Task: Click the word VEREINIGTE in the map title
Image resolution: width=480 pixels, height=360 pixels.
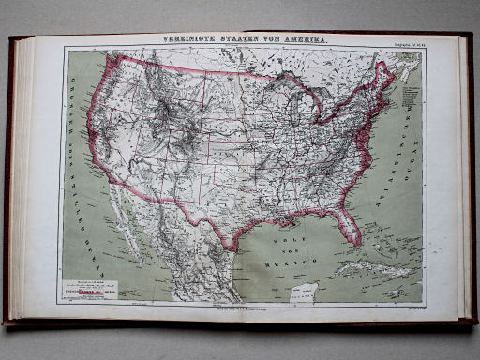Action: click(192, 41)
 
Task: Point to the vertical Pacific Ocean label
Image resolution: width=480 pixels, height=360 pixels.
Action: click(74, 141)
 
